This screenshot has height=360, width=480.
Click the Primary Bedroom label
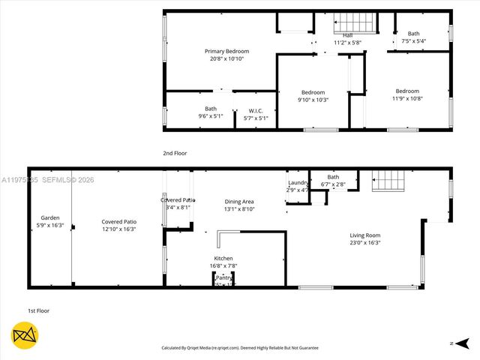tap(226, 51)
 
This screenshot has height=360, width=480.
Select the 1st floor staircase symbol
tap(388, 181)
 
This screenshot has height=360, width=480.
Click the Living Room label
tap(364, 235)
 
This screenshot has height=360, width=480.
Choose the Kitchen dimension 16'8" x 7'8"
tap(223, 265)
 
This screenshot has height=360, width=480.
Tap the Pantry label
tap(223, 277)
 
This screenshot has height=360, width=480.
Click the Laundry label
tap(297, 183)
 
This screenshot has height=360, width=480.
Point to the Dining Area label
tap(239, 202)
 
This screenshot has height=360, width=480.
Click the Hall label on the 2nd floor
tap(347, 35)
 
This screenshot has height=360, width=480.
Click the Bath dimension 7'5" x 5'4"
tap(413, 41)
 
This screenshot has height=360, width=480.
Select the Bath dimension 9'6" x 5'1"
tap(211, 116)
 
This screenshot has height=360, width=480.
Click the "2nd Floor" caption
tap(175, 153)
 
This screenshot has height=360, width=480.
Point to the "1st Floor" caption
tap(38, 310)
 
